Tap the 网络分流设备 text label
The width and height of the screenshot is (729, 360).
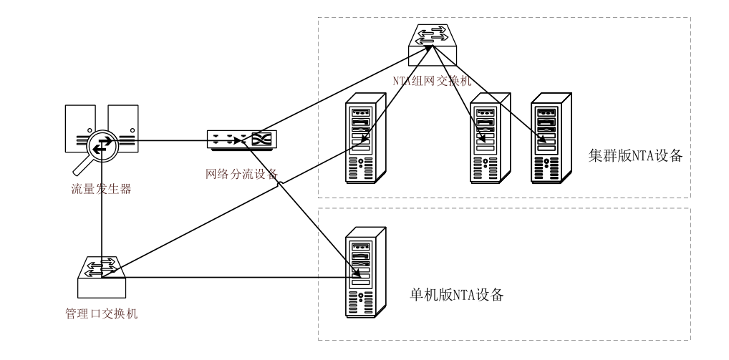click(241, 173)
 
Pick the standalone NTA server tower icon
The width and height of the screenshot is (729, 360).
click(365, 273)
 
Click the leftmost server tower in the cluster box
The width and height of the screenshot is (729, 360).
click(365, 140)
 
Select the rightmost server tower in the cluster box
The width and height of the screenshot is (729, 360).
click(550, 140)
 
